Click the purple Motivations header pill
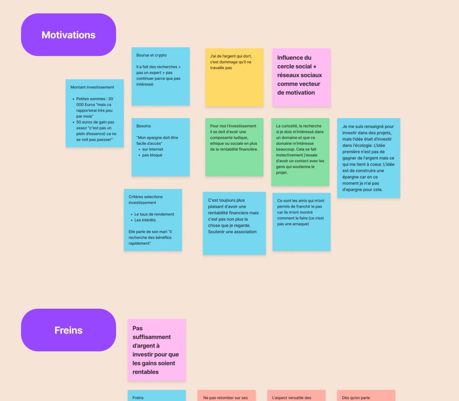[68, 35]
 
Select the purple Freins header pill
[68, 330]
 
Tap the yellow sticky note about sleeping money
[234, 77]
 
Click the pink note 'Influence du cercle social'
[301, 77]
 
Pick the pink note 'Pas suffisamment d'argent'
[157, 350]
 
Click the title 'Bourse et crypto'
[151, 55]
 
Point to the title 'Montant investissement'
[92, 87]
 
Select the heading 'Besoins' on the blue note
[143, 126]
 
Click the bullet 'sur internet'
[152, 149]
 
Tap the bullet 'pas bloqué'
[152, 155]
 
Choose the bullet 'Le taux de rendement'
[154, 214]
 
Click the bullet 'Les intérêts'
[145, 220]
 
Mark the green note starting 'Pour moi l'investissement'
[234, 147]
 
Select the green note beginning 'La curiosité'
[300, 152]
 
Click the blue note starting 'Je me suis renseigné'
[368, 158]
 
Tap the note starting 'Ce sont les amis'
[301, 222]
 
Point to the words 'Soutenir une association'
[232, 232]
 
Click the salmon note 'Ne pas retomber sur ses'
[226, 395]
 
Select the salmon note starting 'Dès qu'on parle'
[366, 395]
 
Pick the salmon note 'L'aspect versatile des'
[296, 395]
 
